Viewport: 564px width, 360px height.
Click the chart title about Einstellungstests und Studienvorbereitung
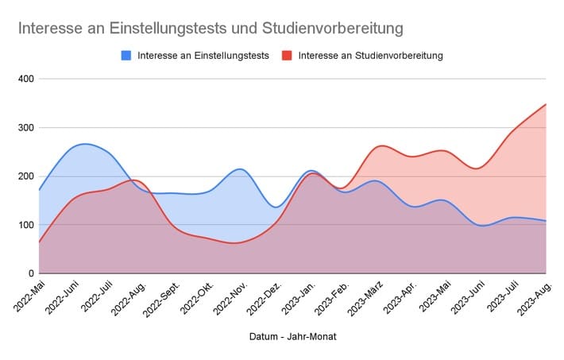click(210, 28)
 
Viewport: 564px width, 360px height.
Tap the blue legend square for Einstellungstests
click(126, 56)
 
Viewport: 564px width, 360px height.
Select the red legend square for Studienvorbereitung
click(288, 56)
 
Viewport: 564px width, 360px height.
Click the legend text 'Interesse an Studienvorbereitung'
click(370, 56)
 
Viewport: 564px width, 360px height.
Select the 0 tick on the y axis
click(29, 273)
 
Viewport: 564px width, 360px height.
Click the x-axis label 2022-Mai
click(25, 296)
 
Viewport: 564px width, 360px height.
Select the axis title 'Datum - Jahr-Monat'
click(292, 338)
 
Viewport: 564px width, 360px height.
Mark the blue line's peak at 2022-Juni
click(84, 144)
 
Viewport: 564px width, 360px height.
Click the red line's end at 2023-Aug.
click(546, 104)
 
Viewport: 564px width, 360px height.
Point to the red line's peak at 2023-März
click(381, 145)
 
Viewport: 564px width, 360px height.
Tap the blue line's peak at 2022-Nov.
click(241, 168)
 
